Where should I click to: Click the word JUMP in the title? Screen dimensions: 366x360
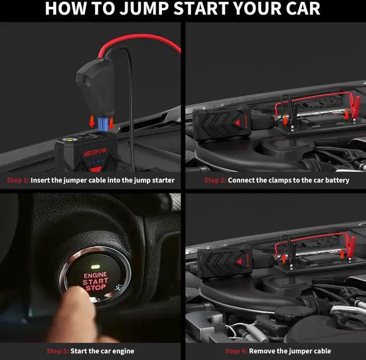click(x=144, y=9)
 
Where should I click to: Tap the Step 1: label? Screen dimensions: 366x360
click(x=18, y=180)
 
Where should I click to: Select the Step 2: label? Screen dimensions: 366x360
click(x=215, y=180)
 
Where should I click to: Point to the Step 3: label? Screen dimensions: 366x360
click(x=58, y=351)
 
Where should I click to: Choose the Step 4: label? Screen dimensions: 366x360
click(x=236, y=351)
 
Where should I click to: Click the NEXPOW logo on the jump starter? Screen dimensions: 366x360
click(x=96, y=152)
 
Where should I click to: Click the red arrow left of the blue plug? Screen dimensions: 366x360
click(x=91, y=122)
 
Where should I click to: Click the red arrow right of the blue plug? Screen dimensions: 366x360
click(x=112, y=123)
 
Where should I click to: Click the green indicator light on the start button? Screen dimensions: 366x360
click(x=96, y=267)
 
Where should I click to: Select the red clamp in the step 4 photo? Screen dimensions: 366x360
click(x=350, y=248)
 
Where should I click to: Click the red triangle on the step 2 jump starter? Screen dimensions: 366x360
click(x=237, y=123)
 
